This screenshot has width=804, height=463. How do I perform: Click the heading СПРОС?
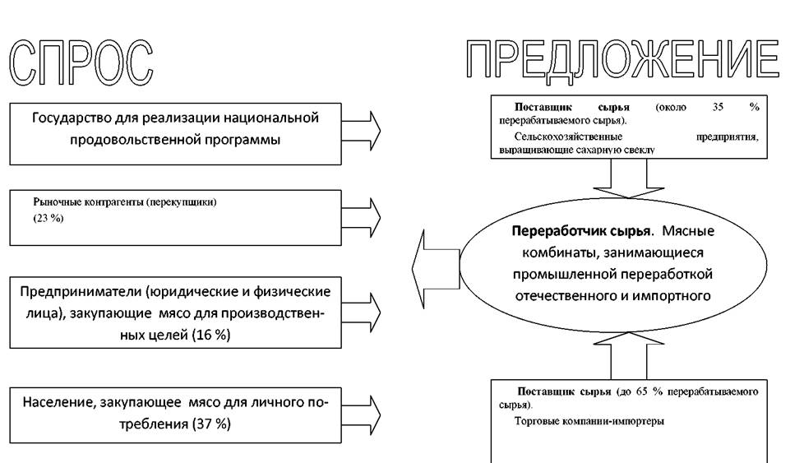81,62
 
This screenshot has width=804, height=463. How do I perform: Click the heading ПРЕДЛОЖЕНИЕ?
622,61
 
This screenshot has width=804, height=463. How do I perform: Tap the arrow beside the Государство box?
361,130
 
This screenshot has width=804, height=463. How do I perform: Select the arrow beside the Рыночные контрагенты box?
361,217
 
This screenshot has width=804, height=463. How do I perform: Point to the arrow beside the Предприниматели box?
361,312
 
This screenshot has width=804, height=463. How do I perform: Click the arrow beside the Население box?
361,414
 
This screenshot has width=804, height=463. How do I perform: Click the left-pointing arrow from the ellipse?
436,269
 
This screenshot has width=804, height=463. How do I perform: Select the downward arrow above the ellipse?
629,178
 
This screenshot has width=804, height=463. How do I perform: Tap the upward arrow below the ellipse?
629,355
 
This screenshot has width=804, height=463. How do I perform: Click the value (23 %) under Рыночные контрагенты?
49,218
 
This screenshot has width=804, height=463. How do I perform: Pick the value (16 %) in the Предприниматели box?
211,335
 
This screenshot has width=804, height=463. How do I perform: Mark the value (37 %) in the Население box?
211,424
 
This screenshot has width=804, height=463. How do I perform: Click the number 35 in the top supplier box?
718,107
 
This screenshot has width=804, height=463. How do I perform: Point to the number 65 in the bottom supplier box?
642,391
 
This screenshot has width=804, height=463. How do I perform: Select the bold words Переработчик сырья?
581,231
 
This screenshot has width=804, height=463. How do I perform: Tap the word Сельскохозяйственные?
568,137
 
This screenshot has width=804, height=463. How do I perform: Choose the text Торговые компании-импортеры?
589,421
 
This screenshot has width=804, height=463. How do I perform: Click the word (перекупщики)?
182,202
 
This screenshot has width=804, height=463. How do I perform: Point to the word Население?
58,402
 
